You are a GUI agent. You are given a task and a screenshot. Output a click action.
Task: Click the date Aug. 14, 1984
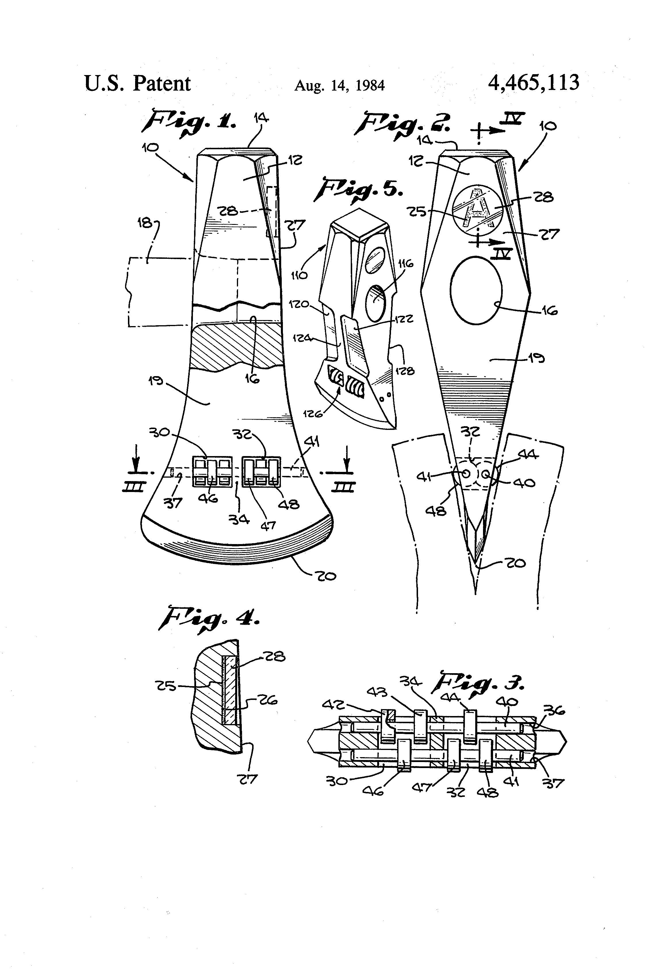pyautogui.click(x=340, y=86)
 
